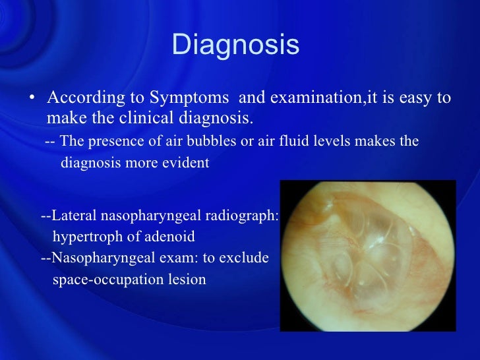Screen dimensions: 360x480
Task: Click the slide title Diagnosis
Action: (235, 46)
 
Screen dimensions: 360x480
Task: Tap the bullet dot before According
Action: (32, 99)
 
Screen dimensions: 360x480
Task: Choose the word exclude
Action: (245, 258)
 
